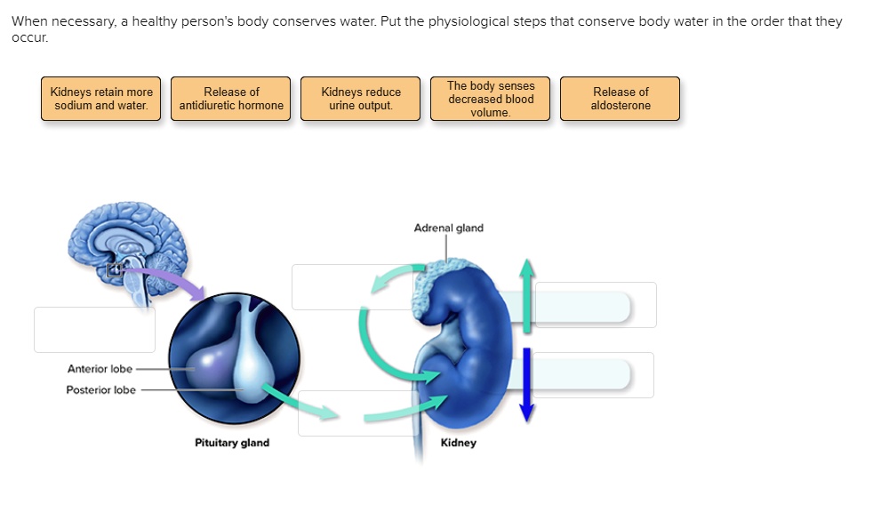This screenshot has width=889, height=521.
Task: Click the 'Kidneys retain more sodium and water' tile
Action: point(101,99)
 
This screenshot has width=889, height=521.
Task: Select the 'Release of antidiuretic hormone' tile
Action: point(231,99)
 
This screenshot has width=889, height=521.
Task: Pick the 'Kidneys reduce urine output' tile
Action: point(361,99)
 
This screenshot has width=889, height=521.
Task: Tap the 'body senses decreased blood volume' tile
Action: point(491,99)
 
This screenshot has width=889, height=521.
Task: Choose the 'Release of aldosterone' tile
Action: point(621,99)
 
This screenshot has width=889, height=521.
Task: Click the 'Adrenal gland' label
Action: point(448,228)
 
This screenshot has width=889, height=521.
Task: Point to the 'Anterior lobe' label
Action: point(100,369)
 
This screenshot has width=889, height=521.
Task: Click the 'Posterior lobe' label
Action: point(100,390)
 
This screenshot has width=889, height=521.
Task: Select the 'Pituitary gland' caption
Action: point(232,443)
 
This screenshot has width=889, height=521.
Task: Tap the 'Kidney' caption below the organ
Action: point(458,443)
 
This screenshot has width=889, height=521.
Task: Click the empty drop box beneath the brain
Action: point(94,330)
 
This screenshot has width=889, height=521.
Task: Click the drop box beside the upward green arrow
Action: point(596,305)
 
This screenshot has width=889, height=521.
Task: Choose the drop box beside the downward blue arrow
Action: point(594,375)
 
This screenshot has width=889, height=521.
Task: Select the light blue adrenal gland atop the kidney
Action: point(444,277)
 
